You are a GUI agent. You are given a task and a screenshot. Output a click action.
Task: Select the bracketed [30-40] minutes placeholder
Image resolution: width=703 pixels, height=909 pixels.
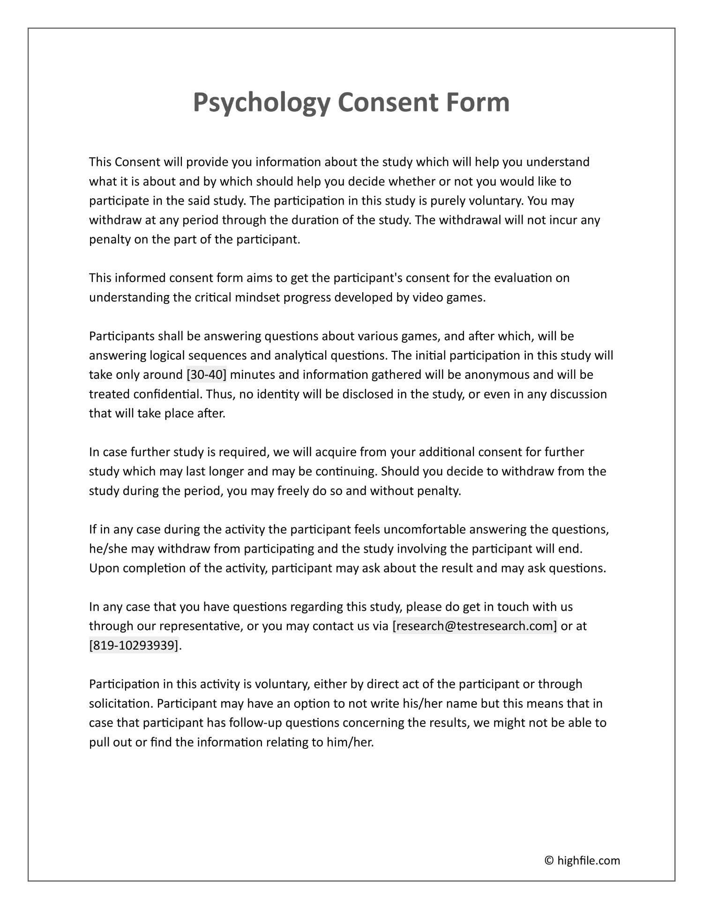[206, 375]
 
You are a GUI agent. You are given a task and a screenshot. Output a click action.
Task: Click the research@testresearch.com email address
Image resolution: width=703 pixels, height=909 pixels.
[474, 626]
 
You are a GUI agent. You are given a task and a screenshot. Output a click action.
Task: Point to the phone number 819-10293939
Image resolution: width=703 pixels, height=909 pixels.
[134, 645]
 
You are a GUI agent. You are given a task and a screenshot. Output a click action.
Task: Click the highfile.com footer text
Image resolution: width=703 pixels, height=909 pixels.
[588, 860]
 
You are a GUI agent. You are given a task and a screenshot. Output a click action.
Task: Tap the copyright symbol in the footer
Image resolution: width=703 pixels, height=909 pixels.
[549, 860]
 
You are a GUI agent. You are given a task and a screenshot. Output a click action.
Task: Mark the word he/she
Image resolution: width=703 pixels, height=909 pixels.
[108, 548]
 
